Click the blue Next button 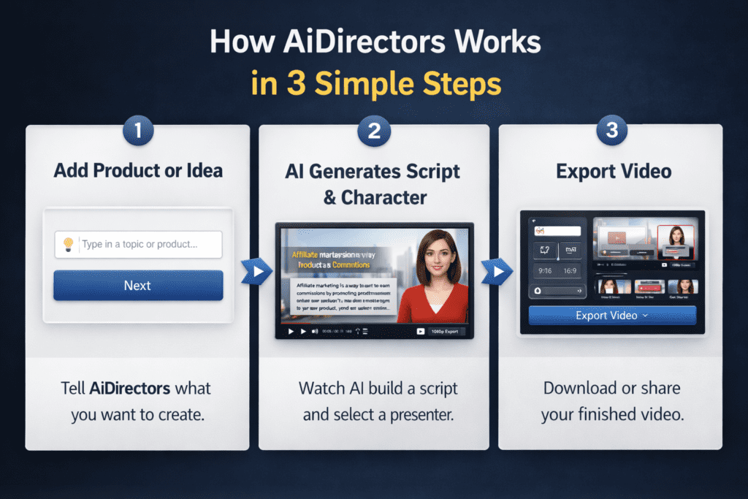pos(138,285)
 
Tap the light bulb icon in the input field pos(69,245)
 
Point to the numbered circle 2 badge pos(374,132)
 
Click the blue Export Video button pos(612,316)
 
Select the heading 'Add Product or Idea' pos(138,171)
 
